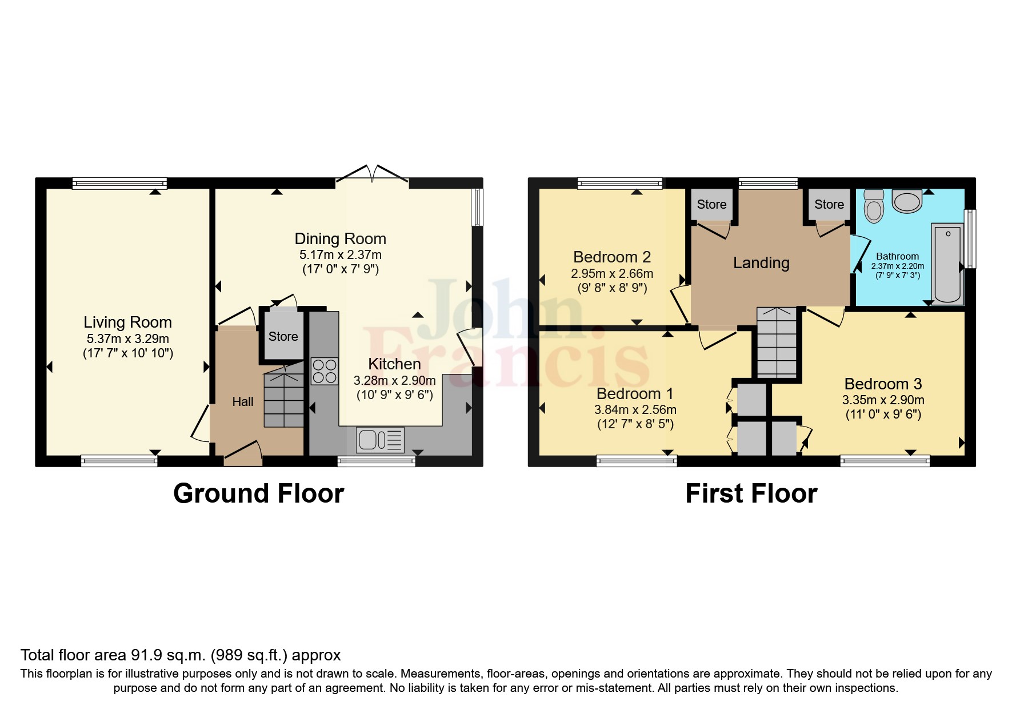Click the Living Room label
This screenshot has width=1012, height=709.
[127, 322]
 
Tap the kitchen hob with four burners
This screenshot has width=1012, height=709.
[325, 371]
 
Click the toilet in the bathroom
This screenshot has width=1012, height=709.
[874, 206]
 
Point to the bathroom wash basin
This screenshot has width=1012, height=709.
[907, 201]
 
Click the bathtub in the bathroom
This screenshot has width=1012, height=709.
[947, 264]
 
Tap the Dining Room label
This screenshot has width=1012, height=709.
[341, 238]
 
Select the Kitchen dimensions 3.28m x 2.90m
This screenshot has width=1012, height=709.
[395, 380]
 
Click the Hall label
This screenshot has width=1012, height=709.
[243, 402]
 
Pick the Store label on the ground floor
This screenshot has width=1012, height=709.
[283, 337]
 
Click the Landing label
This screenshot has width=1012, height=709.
[761, 263]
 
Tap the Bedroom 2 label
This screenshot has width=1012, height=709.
[612, 257]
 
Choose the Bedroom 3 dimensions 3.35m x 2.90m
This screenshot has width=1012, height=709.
[883, 400]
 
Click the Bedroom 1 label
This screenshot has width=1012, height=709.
[635, 394]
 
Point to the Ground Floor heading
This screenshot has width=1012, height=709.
[259, 493]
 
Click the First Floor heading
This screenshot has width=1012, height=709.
[751, 493]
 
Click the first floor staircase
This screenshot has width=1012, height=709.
[777, 342]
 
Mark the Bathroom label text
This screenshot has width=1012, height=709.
[898, 257]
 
